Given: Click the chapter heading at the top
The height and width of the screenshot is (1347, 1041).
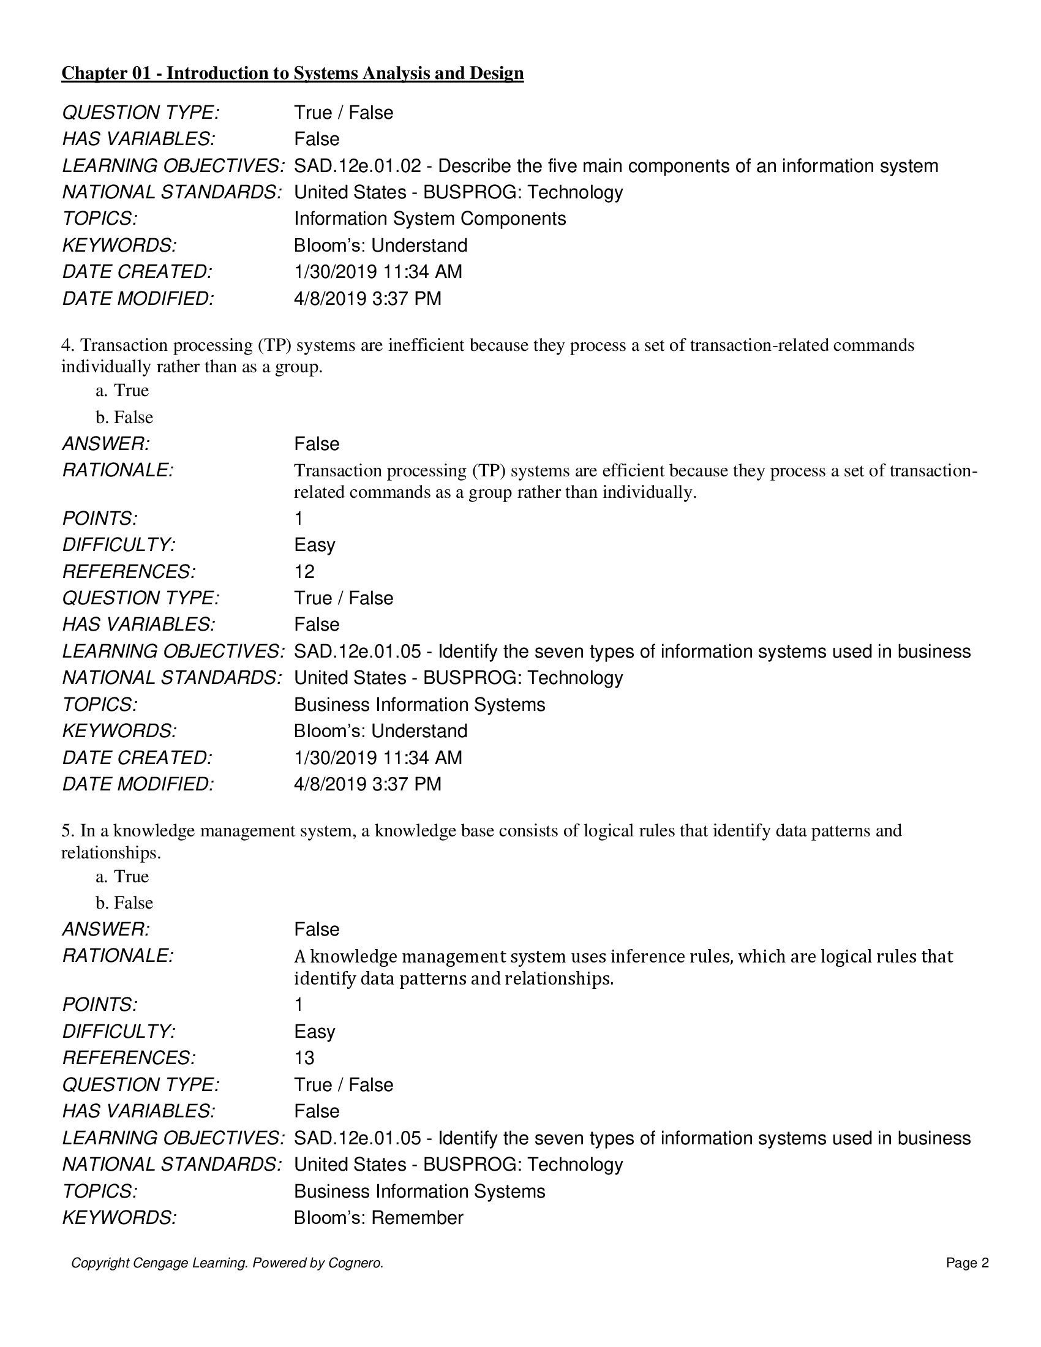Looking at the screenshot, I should tap(292, 73).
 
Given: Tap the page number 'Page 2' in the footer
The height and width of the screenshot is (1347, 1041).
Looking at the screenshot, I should tap(967, 1263).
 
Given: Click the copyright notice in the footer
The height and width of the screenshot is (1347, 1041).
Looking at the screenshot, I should tap(227, 1263).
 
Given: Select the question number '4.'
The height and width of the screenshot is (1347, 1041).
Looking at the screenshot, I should tap(68, 345).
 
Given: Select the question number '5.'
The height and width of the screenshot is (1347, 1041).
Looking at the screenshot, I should tap(68, 831).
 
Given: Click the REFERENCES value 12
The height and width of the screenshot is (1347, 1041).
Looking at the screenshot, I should tap(304, 572).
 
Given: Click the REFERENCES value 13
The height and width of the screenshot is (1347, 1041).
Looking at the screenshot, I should tap(304, 1058).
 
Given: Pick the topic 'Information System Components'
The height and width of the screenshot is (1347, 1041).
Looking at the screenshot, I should tap(430, 219).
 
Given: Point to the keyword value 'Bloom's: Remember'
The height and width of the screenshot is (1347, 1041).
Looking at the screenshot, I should tap(378, 1217).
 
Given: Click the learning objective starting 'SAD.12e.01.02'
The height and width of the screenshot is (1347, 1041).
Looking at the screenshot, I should tap(615, 166).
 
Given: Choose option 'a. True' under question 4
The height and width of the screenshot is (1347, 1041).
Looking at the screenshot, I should tap(122, 391).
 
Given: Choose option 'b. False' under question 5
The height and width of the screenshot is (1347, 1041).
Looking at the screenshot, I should tap(124, 903).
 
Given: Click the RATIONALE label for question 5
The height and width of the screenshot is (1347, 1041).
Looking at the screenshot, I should tap(118, 956).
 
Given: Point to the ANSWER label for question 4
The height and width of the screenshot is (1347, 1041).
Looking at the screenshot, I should tap(106, 444).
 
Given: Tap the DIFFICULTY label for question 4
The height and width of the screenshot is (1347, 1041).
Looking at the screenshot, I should tap(119, 545).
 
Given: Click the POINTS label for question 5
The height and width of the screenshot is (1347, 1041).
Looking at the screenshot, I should tap(100, 1005).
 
